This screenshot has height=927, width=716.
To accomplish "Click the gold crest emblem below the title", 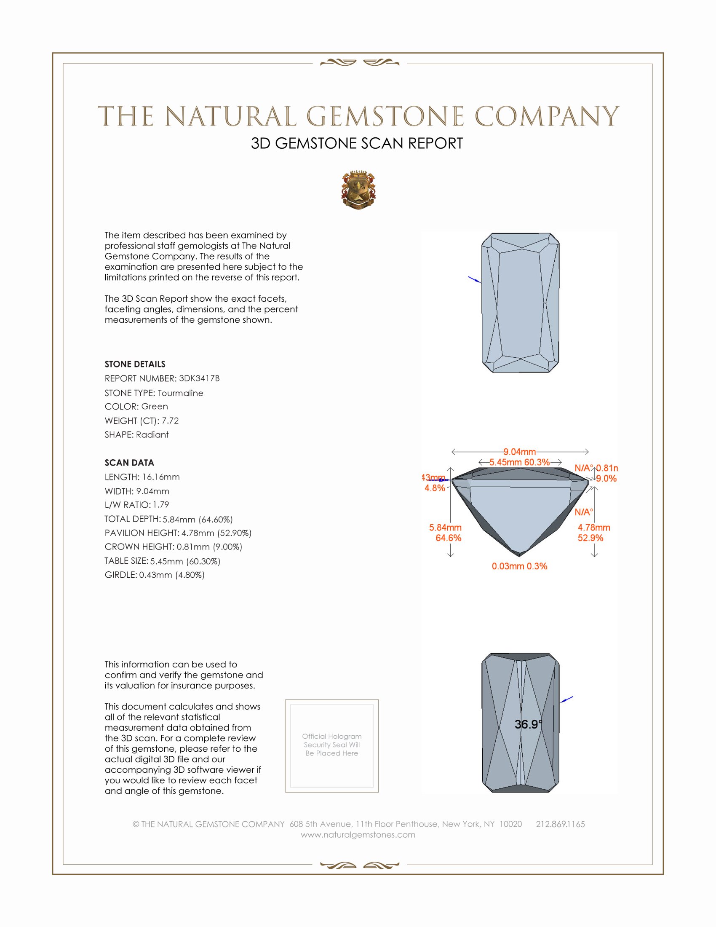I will click(358, 190).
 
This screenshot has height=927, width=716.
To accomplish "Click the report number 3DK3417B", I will click(199, 378).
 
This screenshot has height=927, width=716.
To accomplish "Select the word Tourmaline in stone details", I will click(180, 393).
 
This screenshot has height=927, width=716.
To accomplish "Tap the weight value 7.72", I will click(170, 421).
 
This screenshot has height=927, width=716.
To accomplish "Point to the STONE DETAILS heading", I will click(135, 364).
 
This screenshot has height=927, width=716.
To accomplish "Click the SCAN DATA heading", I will click(129, 463).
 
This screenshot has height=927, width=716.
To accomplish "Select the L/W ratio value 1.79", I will click(161, 505).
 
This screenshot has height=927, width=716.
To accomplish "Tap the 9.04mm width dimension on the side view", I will click(520, 452).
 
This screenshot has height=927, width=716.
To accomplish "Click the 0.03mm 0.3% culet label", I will click(519, 566).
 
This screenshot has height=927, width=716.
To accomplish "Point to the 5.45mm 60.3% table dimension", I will click(520, 462).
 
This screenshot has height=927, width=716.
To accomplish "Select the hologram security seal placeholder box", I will click(332, 746).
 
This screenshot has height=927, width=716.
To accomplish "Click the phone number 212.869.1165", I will click(560, 824).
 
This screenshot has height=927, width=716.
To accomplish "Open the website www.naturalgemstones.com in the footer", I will click(358, 835).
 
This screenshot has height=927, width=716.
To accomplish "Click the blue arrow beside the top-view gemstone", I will click(474, 279).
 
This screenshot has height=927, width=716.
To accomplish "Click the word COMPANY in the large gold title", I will click(546, 116).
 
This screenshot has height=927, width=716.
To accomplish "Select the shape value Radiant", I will click(152, 435).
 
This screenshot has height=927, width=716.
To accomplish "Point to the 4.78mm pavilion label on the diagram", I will click(593, 528).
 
